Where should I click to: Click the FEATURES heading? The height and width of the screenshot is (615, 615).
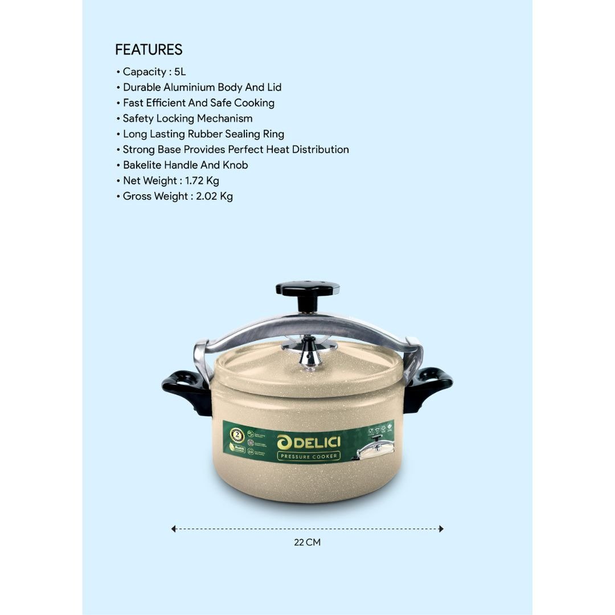pyautogui.click(x=149, y=50)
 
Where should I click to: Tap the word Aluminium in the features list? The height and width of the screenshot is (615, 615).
pyautogui.click(x=189, y=87)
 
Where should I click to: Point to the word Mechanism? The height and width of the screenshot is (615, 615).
pyautogui.click(x=224, y=118)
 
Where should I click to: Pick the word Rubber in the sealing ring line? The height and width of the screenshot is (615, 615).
pyautogui.click(x=211, y=134)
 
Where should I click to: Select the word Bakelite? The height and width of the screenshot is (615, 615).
pyautogui.click(x=142, y=165)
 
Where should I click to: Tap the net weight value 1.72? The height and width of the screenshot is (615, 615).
pyautogui.click(x=195, y=181)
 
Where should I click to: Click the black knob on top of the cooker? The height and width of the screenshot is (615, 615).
pyautogui.click(x=307, y=289)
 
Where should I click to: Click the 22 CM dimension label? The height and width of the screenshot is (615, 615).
pyautogui.click(x=307, y=542)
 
